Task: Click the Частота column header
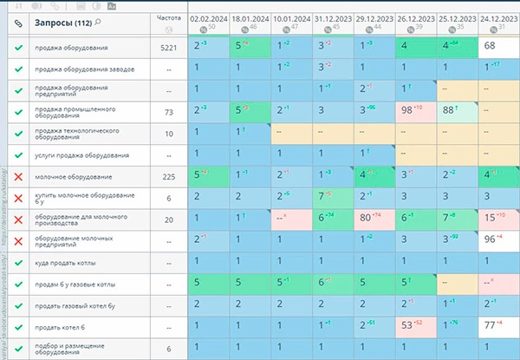pos(170,17)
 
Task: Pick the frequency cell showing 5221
pos(169,47)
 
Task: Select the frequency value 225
pos(169,176)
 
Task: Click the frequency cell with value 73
pos(169,112)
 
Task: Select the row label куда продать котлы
pos(65,262)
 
